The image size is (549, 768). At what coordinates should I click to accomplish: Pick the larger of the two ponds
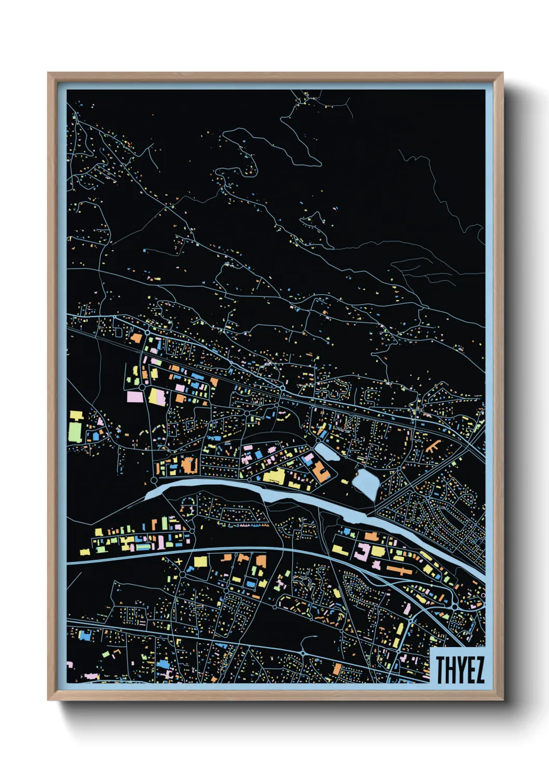click(365, 484)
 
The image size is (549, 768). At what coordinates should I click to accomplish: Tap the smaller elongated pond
click(327, 451)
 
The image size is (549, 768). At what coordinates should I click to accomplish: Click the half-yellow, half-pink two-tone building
click(157, 397)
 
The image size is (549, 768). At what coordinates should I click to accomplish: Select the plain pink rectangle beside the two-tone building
click(134, 397)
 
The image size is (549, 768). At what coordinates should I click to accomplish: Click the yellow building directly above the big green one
click(76, 416)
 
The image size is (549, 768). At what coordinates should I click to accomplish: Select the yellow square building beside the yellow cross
click(200, 561)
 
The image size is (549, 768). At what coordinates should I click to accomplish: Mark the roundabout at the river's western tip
click(154, 482)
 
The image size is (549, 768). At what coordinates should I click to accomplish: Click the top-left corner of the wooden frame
click(48, 73)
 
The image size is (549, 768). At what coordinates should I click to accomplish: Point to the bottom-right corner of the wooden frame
click(502, 700)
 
